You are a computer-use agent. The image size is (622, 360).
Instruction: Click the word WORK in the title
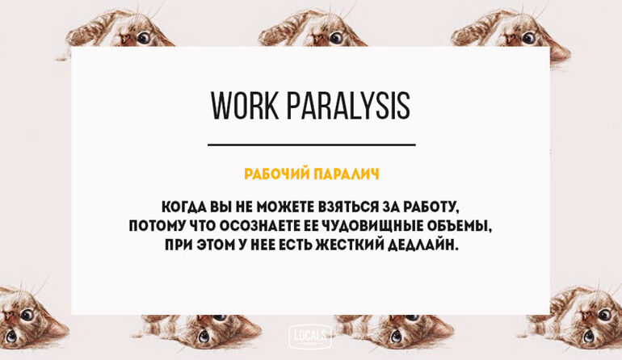(244, 106)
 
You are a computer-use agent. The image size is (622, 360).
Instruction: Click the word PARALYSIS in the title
(348, 106)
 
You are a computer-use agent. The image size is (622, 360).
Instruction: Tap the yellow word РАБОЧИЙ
(276, 174)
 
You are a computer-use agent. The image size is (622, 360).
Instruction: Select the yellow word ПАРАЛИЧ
(347, 174)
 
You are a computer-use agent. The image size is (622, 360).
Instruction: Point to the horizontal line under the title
(311, 144)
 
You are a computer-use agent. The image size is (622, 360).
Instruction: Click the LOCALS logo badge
(310, 337)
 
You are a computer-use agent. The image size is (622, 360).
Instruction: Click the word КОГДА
(183, 207)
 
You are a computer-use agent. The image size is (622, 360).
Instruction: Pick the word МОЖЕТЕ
(285, 207)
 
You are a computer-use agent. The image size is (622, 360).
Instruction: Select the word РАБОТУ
(431, 207)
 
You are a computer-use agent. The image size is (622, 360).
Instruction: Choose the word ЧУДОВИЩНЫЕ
(371, 226)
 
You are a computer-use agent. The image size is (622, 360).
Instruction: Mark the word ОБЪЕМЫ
(460, 226)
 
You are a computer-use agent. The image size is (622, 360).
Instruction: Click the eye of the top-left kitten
(143, 38)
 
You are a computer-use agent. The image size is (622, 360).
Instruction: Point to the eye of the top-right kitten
(528, 38)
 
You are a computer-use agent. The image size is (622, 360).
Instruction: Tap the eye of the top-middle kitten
(335, 38)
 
